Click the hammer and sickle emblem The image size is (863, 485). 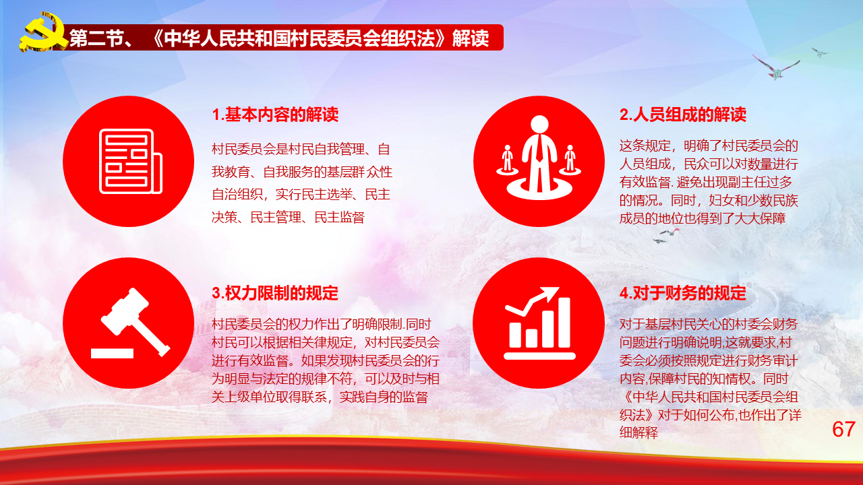tap(42, 32)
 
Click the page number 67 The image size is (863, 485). tap(843, 429)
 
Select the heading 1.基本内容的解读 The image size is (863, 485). tap(275, 115)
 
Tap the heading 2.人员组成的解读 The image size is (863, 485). tap(683, 115)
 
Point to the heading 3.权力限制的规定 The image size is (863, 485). tap(275, 293)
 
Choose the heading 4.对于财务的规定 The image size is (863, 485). tap(683, 293)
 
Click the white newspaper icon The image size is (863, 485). tap(131, 161)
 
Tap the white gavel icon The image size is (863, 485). tap(135, 321)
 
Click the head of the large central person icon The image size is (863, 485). tap(539, 125)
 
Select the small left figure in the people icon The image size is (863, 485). tap(508, 160)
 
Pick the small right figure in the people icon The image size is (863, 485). tap(570, 160)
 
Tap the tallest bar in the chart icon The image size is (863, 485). tap(564, 322)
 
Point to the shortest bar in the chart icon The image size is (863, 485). tap(515, 335)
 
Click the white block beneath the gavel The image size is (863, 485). tap(112, 354)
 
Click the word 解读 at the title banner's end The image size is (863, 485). tap(471, 38)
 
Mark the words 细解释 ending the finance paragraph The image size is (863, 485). tap(638, 432)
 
